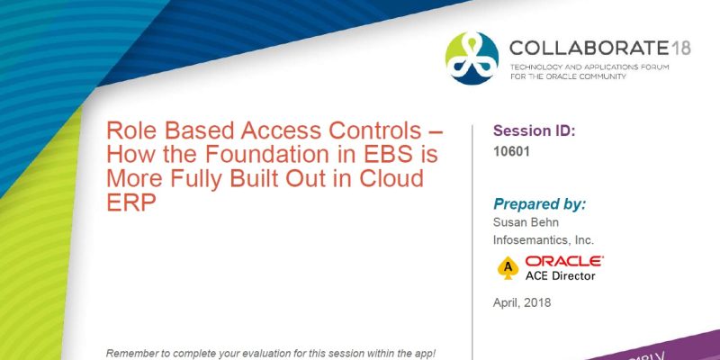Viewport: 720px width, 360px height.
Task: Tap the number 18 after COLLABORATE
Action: [x=680, y=47]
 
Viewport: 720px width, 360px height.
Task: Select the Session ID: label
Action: [x=534, y=130]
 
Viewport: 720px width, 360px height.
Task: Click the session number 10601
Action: [x=511, y=152]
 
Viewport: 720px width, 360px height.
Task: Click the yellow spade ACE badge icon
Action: [x=508, y=268]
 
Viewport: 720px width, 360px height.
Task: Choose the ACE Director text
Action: [x=561, y=275]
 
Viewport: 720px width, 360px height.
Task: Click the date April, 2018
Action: [x=522, y=302]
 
